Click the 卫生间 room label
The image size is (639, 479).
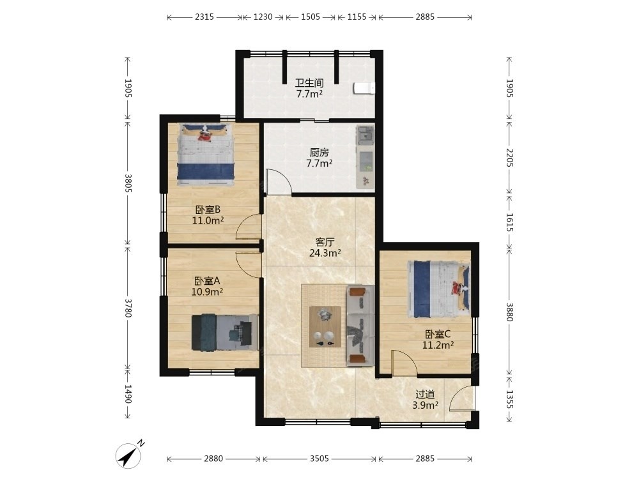click(x=309, y=83)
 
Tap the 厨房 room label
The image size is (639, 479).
click(x=319, y=153)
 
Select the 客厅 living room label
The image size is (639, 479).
click(x=325, y=242)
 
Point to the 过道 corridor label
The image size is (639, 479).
click(x=425, y=394)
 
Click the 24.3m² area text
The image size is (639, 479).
click(x=325, y=253)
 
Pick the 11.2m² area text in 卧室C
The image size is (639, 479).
click(x=438, y=345)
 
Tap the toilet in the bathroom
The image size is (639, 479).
click(x=364, y=88)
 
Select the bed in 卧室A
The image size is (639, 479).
click(x=225, y=332)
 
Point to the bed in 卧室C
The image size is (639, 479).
click(x=439, y=289)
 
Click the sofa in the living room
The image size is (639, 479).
click(x=360, y=324)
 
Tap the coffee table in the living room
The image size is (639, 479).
click(x=325, y=326)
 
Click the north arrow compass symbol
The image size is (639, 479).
click(x=130, y=454)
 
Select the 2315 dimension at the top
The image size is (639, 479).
click(x=204, y=17)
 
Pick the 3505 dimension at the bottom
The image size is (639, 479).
click(x=319, y=459)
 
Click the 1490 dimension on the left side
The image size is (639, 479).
click(x=128, y=394)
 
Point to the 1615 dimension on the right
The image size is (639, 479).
click(x=509, y=222)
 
